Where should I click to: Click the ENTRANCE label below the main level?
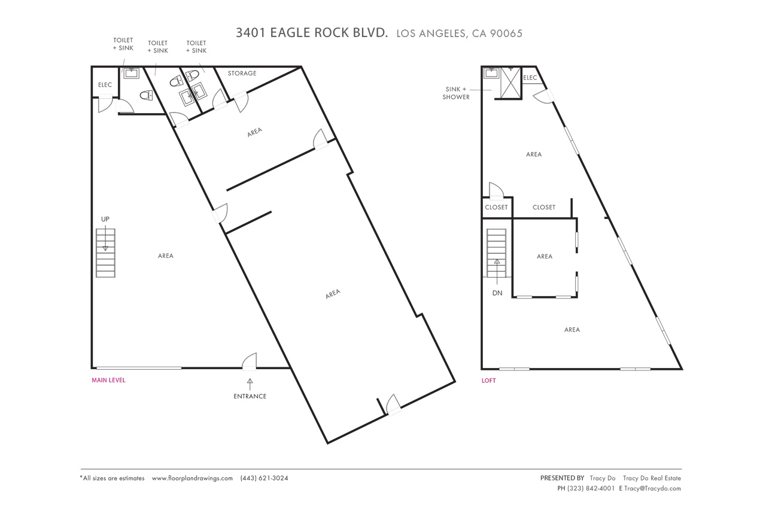pyautogui.click(x=250, y=396)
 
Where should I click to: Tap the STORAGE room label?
pyautogui.click(x=242, y=74)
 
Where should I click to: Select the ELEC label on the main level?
pyautogui.click(x=105, y=85)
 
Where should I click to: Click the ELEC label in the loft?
pyautogui.click(x=530, y=78)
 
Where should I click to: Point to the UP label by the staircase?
pyautogui.click(x=105, y=219)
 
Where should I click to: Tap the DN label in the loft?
pyautogui.click(x=497, y=293)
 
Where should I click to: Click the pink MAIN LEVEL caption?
pyautogui.click(x=108, y=380)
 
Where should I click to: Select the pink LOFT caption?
pyautogui.click(x=489, y=381)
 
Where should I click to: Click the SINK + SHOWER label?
pyautogui.click(x=456, y=93)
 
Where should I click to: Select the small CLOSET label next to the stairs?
pyautogui.click(x=496, y=207)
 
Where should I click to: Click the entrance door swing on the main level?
pyautogui.click(x=250, y=361)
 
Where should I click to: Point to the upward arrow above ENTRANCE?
pyautogui.click(x=250, y=382)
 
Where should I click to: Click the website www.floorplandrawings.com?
pyautogui.click(x=192, y=478)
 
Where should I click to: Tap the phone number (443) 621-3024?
pyautogui.click(x=264, y=478)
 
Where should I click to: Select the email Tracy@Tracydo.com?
pyautogui.click(x=652, y=488)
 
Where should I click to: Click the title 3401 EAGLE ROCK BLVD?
pyautogui.click(x=312, y=33)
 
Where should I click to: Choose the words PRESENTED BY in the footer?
pyautogui.click(x=562, y=478)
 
